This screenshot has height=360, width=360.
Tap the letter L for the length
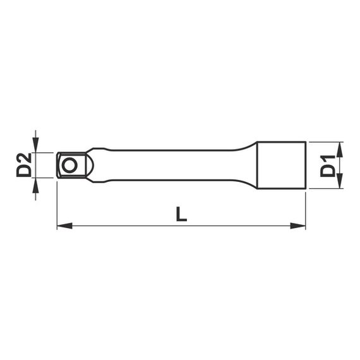(181, 213)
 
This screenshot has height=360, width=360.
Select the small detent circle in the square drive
(69, 165)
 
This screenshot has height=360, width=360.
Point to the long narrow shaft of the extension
(171, 165)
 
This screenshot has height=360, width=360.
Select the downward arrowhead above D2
(36, 146)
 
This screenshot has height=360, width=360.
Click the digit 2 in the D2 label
(24, 157)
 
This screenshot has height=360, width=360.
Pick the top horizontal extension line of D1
(325, 141)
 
